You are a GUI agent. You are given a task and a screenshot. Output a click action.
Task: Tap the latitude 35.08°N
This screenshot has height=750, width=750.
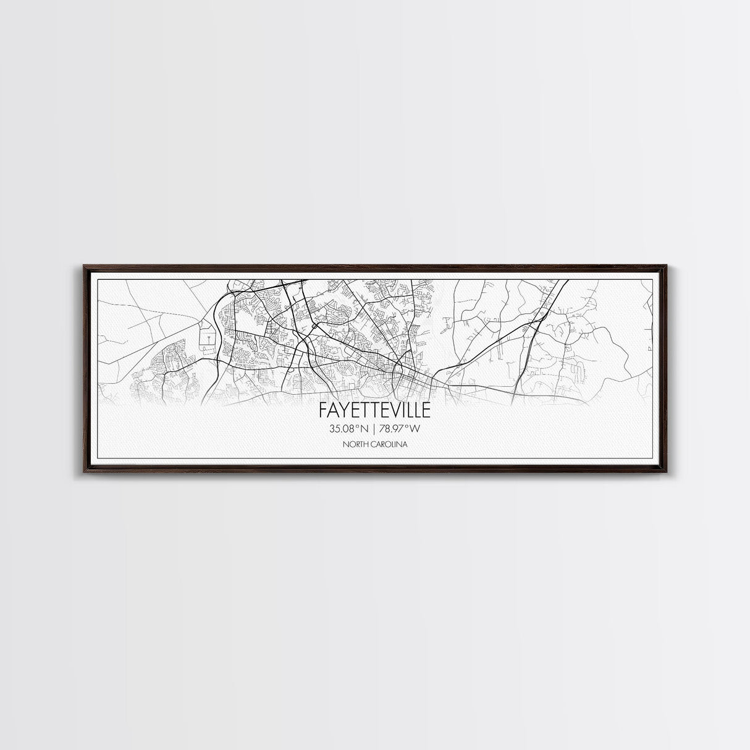coord(349,429)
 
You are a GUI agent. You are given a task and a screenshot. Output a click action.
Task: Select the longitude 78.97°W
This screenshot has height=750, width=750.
coord(402,429)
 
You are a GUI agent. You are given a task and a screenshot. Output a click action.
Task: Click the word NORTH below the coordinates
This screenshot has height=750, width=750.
coord(356,445)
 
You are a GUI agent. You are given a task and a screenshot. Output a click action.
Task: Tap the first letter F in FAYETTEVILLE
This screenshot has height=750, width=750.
coord(323,410)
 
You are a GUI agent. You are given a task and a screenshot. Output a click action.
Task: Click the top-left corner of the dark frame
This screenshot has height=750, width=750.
coord(83,264)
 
